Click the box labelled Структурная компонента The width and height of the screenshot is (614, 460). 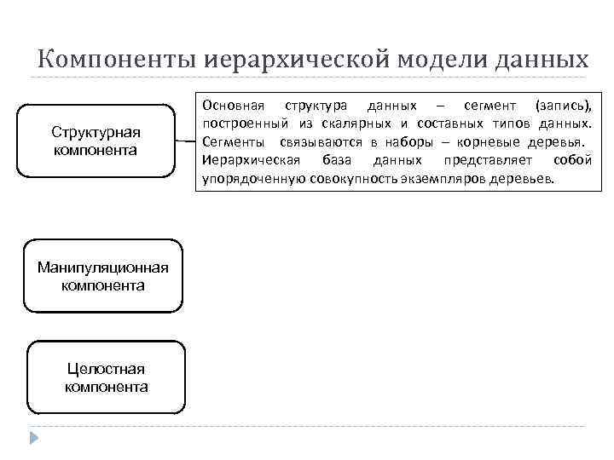[96, 141]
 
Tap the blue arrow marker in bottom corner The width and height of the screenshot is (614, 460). [34, 440]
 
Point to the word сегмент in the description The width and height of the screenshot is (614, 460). [490, 106]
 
